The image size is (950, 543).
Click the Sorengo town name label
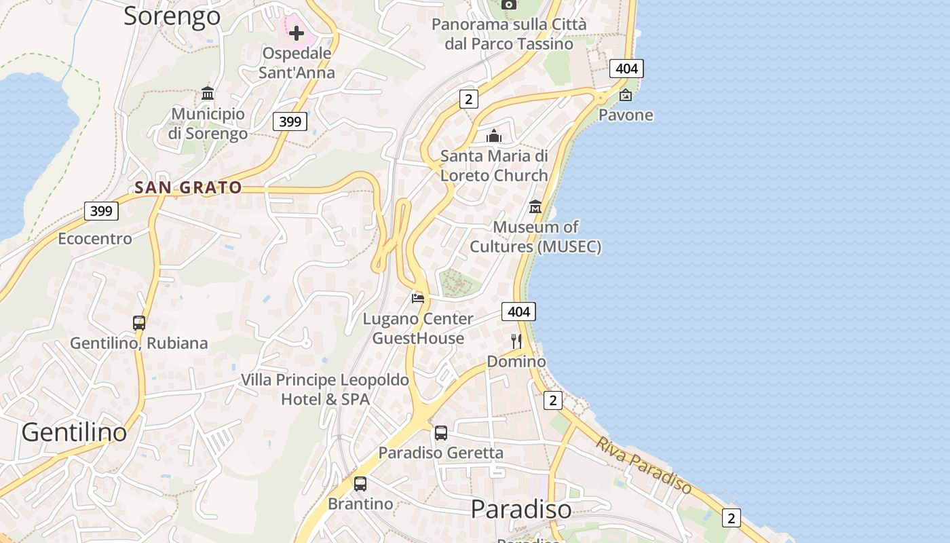pyautogui.click(x=172, y=16)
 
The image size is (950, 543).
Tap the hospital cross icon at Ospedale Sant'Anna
pyautogui.click(x=297, y=32)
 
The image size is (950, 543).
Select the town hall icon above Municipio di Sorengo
pyautogui.click(x=208, y=93)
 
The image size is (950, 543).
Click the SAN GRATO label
pyautogui.click(x=188, y=187)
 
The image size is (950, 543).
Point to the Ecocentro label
pyautogui.click(x=95, y=238)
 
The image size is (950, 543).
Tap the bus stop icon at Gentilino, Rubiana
pyautogui.click(x=139, y=323)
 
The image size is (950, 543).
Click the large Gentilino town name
pyautogui.click(x=74, y=432)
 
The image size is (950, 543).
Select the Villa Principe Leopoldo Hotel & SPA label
pyautogui.click(x=325, y=389)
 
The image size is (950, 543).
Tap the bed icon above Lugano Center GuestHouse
pyautogui.click(x=418, y=298)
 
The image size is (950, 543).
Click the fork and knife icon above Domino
pyautogui.click(x=516, y=341)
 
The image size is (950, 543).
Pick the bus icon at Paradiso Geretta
pyautogui.click(x=441, y=432)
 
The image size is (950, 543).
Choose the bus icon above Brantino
pyautogui.click(x=360, y=484)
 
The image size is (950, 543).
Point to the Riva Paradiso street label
pyautogui.click(x=644, y=465)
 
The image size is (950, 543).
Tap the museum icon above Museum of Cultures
pyautogui.click(x=535, y=206)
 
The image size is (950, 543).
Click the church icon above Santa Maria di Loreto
pyautogui.click(x=494, y=136)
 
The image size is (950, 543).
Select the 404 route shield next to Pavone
pyautogui.click(x=626, y=68)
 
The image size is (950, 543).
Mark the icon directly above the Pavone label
pyautogui.click(x=626, y=95)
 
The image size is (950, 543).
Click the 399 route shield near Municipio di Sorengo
pyautogui.click(x=290, y=121)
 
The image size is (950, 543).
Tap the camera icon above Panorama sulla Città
pyautogui.click(x=509, y=4)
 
